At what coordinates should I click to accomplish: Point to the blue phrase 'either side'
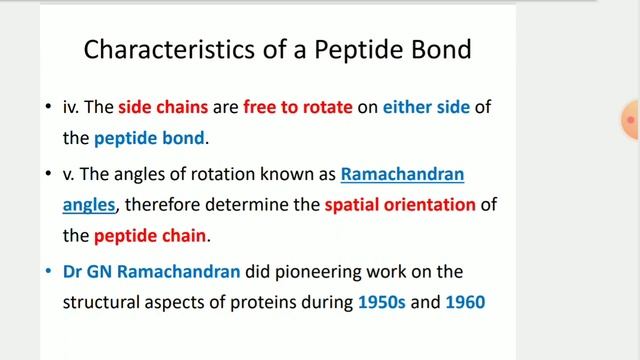pyautogui.click(x=426, y=107)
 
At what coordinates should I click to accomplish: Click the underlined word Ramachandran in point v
pyautogui.click(x=402, y=174)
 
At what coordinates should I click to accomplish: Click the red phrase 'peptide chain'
pyautogui.click(x=149, y=237)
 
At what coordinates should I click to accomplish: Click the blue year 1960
pyautogui.click(x=465, y=301)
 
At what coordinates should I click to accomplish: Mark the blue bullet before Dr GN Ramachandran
pyautogui.click(x=50, y=272)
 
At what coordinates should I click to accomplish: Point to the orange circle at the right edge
pyautogui.click(x=632, y=121)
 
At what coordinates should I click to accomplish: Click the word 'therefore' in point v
pyautogui.click(x=187, y=205)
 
